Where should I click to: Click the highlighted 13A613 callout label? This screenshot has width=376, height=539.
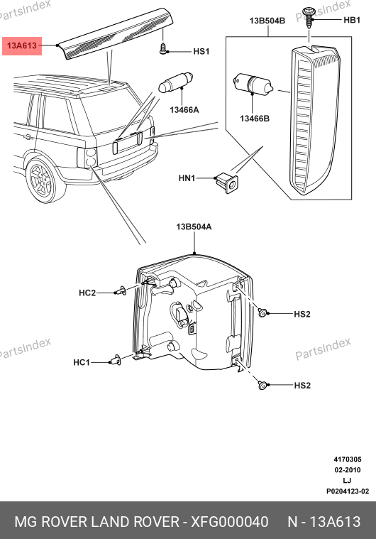[x=22, y=45]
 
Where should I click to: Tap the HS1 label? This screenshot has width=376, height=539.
[x=201, y=52]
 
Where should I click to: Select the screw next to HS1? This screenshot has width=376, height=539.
[x=163, y=48]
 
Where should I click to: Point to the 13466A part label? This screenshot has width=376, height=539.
[x=184, y=110]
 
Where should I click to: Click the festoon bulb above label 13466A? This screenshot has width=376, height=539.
[x=175, y=82]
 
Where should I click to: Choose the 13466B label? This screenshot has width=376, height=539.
[x=255, y=119]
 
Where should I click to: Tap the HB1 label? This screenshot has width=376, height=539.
[x=352, y=21]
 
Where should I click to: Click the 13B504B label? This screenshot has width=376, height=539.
[x=267, y=21]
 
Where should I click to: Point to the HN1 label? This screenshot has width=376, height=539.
[x=187, y=178]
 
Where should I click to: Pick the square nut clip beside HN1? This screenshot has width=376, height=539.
[x=228, y=183]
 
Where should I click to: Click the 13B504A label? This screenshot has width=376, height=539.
[x=194, y=227]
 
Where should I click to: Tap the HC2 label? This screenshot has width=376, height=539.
[x=87, y=293]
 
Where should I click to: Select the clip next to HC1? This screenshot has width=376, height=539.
[x=115, y=360]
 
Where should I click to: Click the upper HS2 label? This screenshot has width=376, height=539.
[x=302, y=314]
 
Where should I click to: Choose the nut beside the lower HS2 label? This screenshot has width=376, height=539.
[x=262, y=386]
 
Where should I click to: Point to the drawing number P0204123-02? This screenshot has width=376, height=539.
[x=348, y=491]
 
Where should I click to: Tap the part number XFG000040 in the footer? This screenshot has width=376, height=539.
[x=229, y=522]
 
